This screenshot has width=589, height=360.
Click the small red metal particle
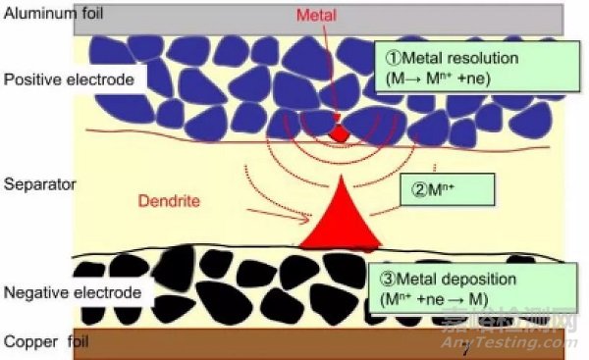339,131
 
